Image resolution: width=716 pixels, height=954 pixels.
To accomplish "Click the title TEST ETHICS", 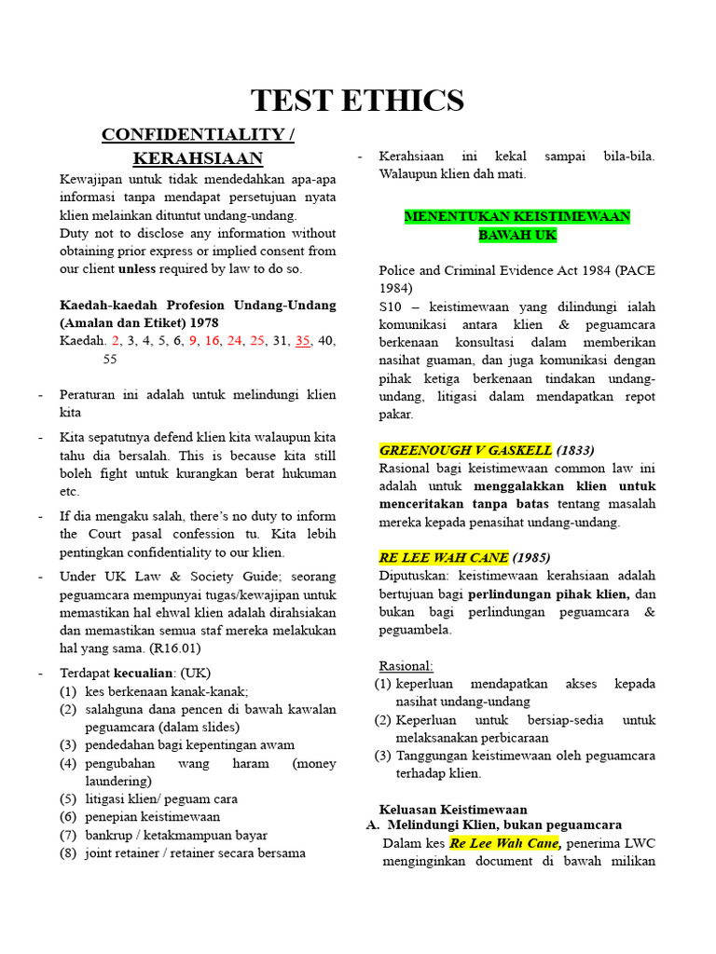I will (358, 100).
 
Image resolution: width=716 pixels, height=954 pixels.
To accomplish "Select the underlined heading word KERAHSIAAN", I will (198, 157).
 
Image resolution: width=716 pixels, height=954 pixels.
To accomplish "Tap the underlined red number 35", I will (303, 341).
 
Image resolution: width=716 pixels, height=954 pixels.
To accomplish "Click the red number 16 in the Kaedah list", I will (213, 341).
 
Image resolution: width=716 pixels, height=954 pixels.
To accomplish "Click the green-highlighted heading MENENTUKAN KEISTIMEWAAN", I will (517, 217).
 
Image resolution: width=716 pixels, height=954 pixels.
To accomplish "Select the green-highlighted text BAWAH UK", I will (517, 235).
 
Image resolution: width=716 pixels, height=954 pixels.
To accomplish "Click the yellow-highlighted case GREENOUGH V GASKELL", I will (466, 450).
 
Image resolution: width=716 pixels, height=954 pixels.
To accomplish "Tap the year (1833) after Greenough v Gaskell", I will (576, 450).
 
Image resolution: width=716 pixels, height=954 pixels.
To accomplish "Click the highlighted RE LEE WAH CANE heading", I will (444, 557).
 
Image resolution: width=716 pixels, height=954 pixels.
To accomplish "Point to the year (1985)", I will (532, 557).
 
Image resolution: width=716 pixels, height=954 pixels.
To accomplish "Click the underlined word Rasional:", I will (406, 665).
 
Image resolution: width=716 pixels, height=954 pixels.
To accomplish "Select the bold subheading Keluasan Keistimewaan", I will (453, 809).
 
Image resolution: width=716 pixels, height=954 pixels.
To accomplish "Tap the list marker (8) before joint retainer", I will (68, 852).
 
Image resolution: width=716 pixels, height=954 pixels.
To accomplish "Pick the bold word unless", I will (138, 269).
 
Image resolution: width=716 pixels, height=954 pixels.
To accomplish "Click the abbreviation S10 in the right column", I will (390, 306).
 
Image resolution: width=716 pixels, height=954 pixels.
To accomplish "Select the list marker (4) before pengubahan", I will (68, 763).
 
